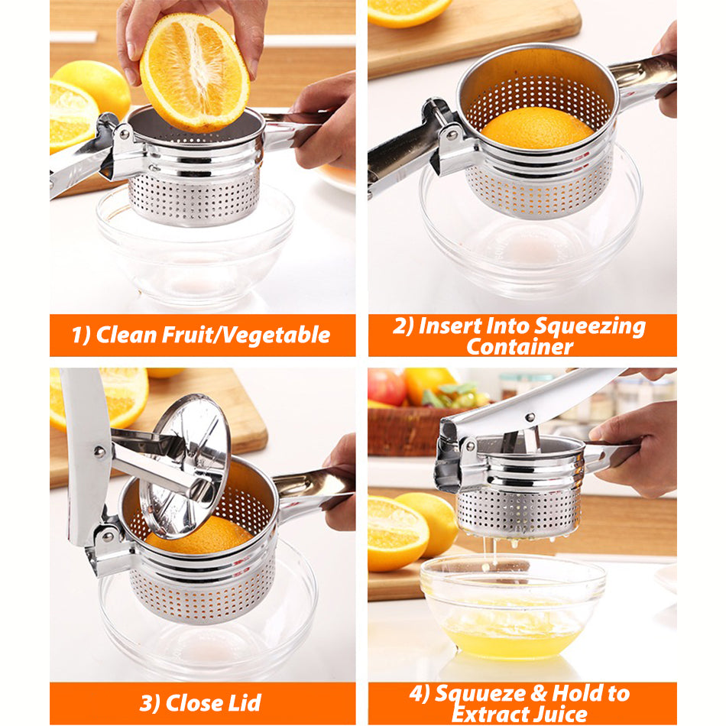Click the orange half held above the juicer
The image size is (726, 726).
point(194,73)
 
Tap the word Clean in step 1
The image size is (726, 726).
point(125,335)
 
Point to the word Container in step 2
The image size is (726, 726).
point(520,347)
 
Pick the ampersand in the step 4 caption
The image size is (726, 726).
point(538,693)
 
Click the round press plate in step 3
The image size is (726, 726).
point(185,465)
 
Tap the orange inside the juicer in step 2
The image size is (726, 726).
point(537,128)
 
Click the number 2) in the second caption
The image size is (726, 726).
point(403,326)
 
